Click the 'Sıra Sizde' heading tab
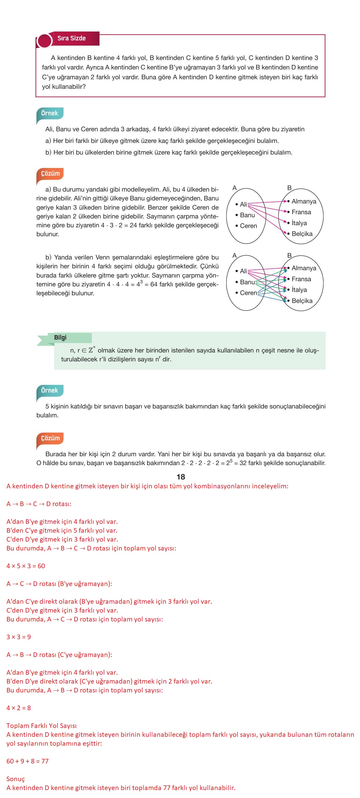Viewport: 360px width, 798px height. point(72,39)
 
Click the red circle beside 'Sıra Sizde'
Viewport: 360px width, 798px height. point(44,41)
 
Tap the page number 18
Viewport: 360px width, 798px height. point(181,477)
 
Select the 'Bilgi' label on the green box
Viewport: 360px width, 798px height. point(60,338)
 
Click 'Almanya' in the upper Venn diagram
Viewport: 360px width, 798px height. point(304,201)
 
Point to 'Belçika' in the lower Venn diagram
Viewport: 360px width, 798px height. point(302,301)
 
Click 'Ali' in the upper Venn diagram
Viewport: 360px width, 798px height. point(243,204)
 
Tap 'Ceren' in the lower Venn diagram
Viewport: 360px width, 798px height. point(248,293)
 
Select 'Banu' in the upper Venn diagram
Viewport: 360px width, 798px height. point(247,215)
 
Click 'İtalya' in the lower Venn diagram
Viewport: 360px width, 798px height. point(299,290)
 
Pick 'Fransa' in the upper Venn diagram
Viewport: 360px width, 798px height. point(301,212)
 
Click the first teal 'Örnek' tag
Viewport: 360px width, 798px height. point(50,114)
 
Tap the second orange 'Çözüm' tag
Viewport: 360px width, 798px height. point(50,438)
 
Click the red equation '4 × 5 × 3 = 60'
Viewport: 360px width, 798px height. point(26,566)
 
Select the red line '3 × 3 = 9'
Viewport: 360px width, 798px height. point(19,637)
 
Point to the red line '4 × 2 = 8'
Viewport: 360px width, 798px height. point(19,708)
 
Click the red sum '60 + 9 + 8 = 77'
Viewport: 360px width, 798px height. point(28,761)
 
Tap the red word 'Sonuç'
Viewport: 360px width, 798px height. point(16,779)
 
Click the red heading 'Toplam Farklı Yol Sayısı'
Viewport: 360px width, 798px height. point(42,725)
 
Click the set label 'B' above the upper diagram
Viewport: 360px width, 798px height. point(289,188)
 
